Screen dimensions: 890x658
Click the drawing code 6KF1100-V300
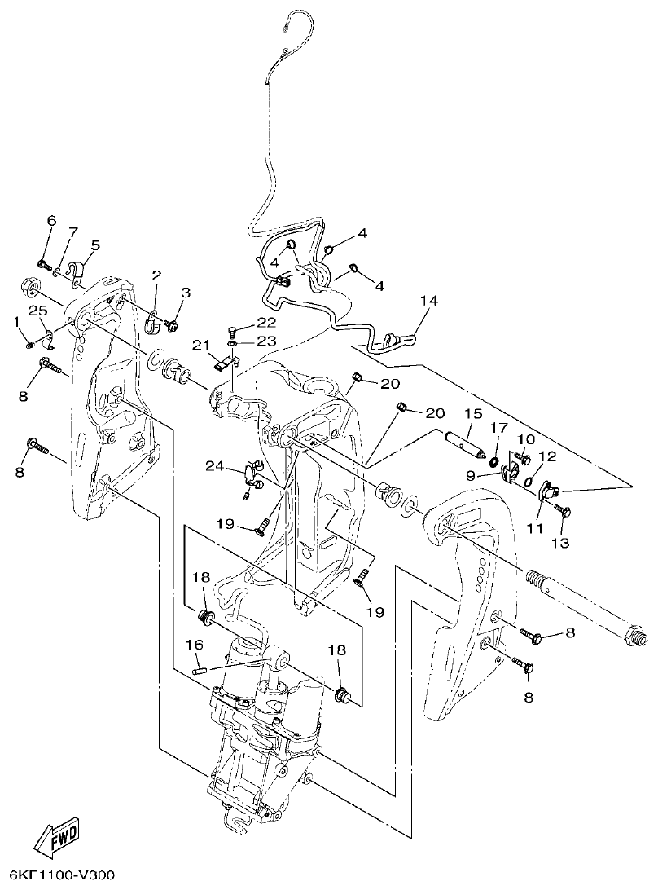coord(58,875)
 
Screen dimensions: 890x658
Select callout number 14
coord(429,302)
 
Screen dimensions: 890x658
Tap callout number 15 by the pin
coord(473,415)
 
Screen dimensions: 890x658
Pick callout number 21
coord(200,346)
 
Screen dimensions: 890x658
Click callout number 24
coord(214,466)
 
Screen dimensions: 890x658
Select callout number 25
coord(37,311)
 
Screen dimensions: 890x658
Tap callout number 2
coord(156,275)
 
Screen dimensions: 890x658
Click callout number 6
coord(51,221)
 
